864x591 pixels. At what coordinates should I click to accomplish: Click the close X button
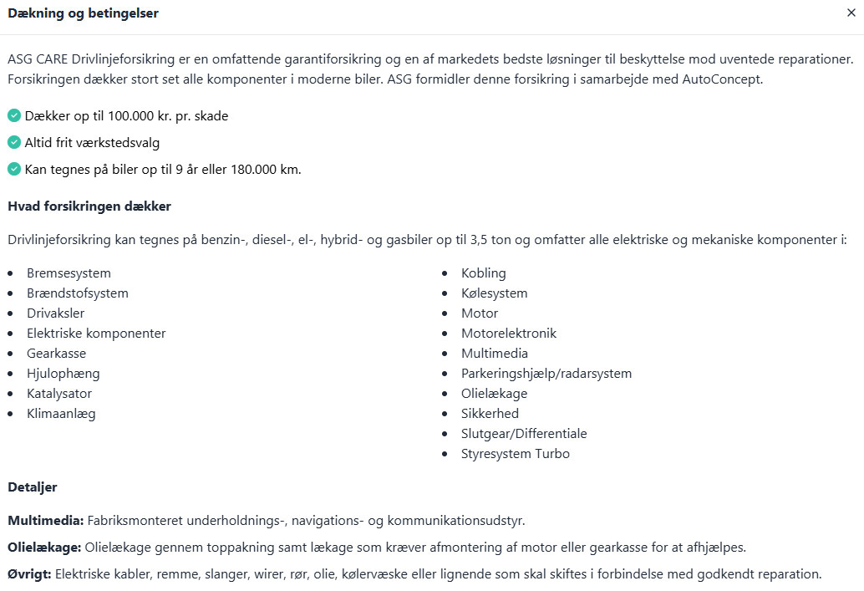tap(851, 13)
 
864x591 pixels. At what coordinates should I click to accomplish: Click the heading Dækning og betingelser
tap(83, 13)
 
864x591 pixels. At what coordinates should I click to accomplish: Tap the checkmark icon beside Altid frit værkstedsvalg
tap(14, 142)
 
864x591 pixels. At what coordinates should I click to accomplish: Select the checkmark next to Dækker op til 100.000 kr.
tap(14, 115)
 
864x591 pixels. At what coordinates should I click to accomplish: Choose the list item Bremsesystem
tap(69, 273)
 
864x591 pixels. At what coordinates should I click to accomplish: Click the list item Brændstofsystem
tap(78, 293)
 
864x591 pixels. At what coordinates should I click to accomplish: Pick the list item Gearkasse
tap(56, 354)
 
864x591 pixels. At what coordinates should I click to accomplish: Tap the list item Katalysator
tap(59, 394)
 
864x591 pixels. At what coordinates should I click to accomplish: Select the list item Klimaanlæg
tap(61, 414)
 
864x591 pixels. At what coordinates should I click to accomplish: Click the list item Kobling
tap(484, 273)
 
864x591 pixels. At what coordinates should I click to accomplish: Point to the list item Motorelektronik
tap(509, 334)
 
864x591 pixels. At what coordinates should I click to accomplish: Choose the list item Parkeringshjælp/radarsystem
tap(546, 374)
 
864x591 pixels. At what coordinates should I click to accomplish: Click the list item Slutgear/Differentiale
tap(524, 434)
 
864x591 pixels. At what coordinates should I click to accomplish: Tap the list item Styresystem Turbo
tap(516, 454)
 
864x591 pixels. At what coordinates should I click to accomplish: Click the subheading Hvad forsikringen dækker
tap(89, 206)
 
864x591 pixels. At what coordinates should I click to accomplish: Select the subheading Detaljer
tap(33, 487)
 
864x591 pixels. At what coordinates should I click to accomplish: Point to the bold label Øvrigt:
tap(30, 574)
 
